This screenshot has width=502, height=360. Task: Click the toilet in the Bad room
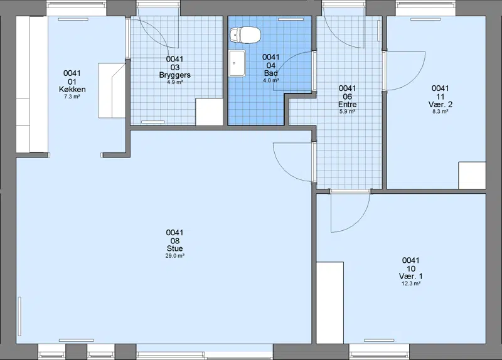(245, 34)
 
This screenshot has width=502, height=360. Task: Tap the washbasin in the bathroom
(237, 63)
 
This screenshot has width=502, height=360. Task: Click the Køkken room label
(72, 89)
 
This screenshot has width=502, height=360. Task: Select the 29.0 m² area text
(175, 256)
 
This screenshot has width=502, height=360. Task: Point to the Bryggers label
(175, 75)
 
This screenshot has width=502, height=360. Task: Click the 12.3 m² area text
(411, 283)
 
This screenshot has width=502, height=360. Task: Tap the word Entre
(348, 104)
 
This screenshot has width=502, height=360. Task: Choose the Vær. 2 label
(441, 104)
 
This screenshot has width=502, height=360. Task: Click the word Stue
(175, 248)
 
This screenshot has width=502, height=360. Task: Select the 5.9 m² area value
(348, 112)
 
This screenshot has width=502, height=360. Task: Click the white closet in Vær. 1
(330, 303)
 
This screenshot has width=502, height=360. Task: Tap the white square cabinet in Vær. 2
(472, 176)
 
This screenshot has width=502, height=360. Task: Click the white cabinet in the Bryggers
(209, 112)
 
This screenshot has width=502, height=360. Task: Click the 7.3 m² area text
(72, 97)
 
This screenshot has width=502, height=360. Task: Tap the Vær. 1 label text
(411, 276)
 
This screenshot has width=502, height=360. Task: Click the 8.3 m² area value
(441, 112)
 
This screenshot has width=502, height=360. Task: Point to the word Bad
(271, 73)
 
